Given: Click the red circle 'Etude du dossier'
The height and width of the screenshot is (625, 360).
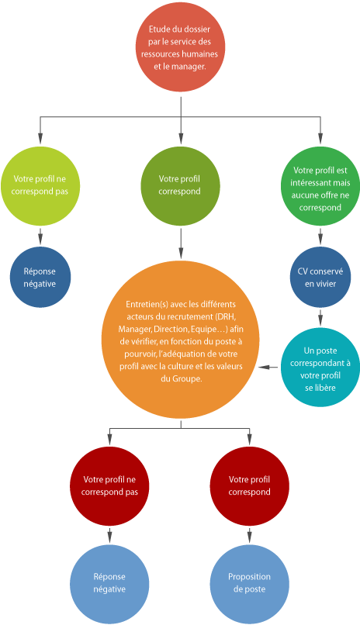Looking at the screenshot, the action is pos(180,47).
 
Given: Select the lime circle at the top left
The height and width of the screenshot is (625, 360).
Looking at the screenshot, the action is pos(40,186).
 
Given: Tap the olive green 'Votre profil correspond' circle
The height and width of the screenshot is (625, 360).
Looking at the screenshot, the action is pos(180,186).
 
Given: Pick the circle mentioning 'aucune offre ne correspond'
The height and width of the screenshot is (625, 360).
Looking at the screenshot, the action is pos(320,186).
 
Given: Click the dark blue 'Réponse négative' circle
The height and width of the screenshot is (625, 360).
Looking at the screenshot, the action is pos(40,277).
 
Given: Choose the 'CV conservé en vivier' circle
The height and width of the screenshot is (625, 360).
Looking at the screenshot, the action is pos(320,277).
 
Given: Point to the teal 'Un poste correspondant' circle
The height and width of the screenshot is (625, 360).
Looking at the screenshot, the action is pos(320,367).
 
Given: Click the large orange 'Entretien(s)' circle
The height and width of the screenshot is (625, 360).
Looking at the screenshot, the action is pos(181,340).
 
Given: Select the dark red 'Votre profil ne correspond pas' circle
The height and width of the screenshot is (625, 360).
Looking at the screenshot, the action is pos(109,486).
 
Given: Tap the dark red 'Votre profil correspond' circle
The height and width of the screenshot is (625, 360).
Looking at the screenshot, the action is pos(250,486).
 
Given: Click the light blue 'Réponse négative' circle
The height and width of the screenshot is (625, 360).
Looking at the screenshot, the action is pos(109,585).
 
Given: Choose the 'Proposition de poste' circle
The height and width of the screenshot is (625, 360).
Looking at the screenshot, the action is pos(250,585).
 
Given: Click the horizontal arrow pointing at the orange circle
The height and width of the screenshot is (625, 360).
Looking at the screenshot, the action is pos(268,367).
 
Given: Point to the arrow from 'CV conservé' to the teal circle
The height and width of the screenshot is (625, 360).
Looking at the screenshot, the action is pos(320,317).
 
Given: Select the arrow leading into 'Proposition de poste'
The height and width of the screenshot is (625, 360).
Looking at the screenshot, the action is pos(250,535).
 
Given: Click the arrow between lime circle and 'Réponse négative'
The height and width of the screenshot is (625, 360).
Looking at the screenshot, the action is pos(40,236).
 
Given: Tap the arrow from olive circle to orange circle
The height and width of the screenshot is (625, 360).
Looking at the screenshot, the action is pos(181,243).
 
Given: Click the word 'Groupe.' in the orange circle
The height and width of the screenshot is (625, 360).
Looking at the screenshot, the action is pos(188,379).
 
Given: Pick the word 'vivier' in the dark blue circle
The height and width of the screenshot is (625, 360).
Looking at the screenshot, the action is pos(326,284).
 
